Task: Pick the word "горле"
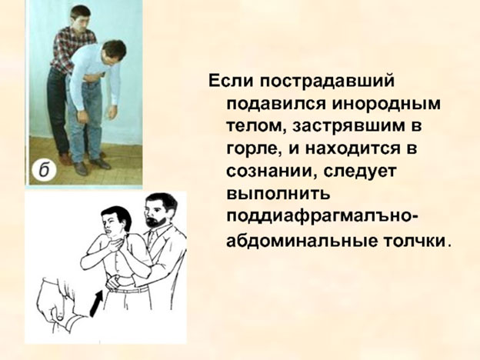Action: point(253,149)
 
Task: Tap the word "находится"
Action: point(354,148)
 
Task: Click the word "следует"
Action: point(360,172)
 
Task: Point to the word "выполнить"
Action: point(278,194)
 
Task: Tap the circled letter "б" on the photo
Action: point(45,171)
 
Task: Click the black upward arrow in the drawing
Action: point(96,304)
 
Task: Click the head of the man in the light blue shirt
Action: point(113,55)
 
